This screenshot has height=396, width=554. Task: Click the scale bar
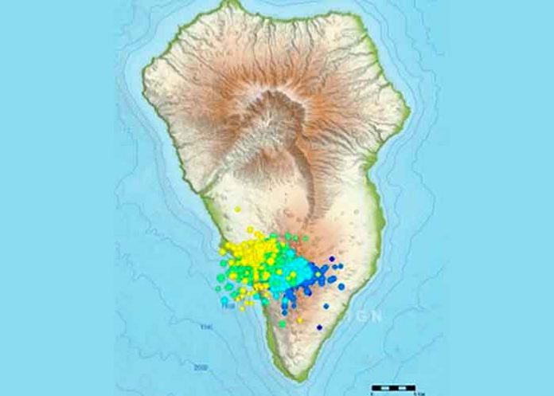[393, 388]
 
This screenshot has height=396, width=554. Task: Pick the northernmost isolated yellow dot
[237, 210]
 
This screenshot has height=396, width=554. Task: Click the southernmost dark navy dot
[319, 327]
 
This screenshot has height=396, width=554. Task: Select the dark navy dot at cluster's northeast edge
[331, 259]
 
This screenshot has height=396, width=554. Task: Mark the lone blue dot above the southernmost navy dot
[326, 305]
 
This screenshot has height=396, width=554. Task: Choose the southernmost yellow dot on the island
[299, 320]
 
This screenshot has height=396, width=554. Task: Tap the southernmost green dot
[282, 323]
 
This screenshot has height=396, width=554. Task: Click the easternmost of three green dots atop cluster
[305, 237]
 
